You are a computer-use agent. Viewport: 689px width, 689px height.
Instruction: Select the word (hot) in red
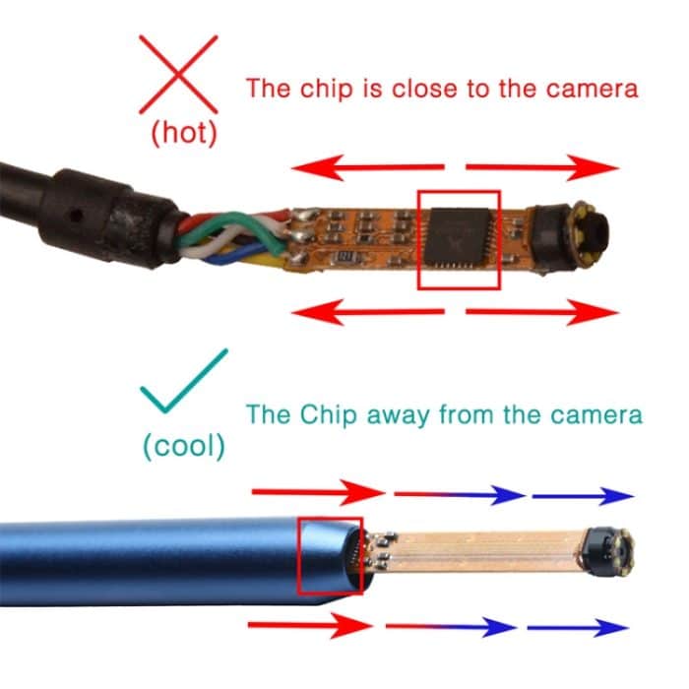[183, 134]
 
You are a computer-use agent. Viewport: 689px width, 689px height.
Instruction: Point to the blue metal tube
[148, 566]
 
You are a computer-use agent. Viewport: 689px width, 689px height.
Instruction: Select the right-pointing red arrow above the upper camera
[541, 167]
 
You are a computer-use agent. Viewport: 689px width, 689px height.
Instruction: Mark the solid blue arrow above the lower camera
[582, 495]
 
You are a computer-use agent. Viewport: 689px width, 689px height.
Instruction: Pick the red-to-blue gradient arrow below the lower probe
[449, 627]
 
